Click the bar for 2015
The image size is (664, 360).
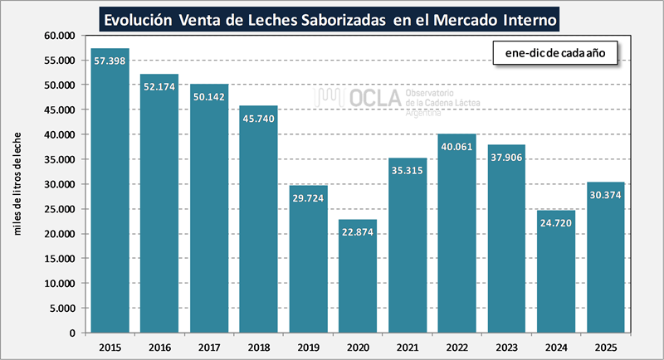110,191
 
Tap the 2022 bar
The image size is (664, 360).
457,233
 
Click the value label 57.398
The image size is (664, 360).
110,63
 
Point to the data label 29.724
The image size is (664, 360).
309,200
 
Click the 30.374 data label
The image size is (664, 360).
606,197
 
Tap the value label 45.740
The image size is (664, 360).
259,120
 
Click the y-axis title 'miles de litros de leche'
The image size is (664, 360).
17,182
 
